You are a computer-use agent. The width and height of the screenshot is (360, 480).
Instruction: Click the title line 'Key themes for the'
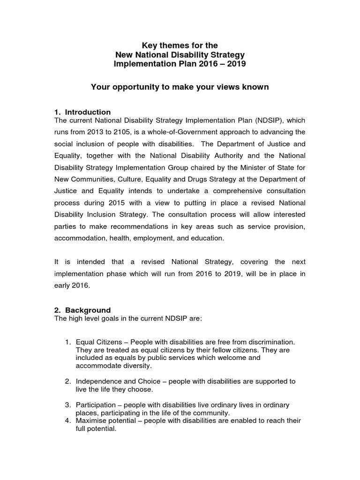coord(180,45)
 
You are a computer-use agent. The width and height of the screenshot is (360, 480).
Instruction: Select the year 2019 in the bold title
coord(236,64)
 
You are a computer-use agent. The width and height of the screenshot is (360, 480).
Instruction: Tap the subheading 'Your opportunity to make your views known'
coord(180,87)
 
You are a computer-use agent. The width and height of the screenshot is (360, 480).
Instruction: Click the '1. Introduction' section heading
coord(83,112)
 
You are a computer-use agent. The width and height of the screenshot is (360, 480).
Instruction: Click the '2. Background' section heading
coord(83,310)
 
